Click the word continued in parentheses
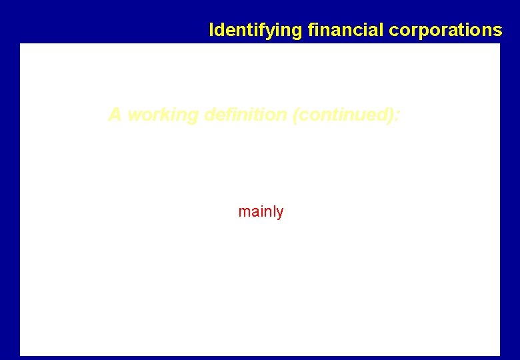click(344, 115)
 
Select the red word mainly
click(261, 212)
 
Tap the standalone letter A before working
click(115, 115)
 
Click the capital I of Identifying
click(211, 30)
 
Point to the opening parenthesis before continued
click(295, 115)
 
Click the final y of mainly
click(280, 213)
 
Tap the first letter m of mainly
click(243, 213)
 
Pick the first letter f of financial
click(310, 30)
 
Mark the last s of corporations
click(498, 31)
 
